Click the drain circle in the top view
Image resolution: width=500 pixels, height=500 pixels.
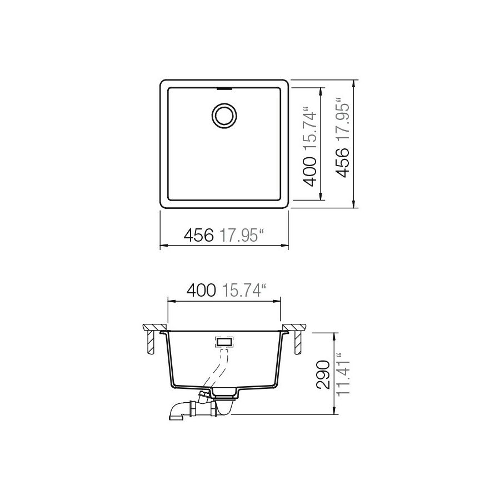click(224, 115)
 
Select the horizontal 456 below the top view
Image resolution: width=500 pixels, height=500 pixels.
click(198, 237)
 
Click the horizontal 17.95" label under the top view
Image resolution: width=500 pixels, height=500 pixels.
click(241, 237)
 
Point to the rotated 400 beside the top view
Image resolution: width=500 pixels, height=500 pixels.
click(311, 171)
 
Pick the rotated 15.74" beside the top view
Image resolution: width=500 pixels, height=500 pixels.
click(311, 128)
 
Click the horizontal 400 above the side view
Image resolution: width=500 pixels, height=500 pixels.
click(201, 290)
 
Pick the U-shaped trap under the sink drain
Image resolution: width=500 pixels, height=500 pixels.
click(225, 408)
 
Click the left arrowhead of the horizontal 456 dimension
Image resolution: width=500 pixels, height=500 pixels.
click(163, 246)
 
